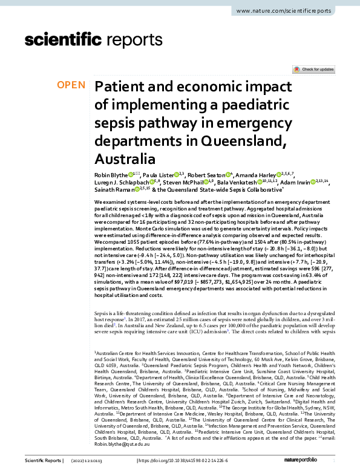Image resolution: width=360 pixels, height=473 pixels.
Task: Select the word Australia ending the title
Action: coord(125,160)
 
